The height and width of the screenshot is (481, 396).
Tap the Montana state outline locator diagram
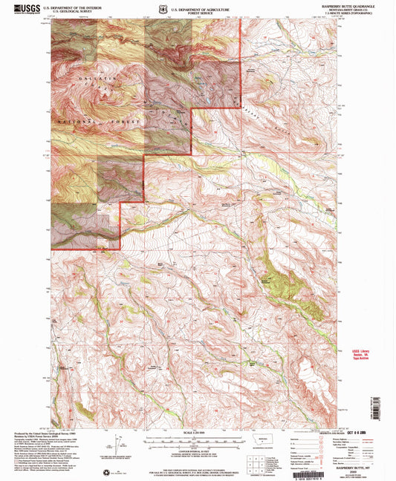tap(264, 440)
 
